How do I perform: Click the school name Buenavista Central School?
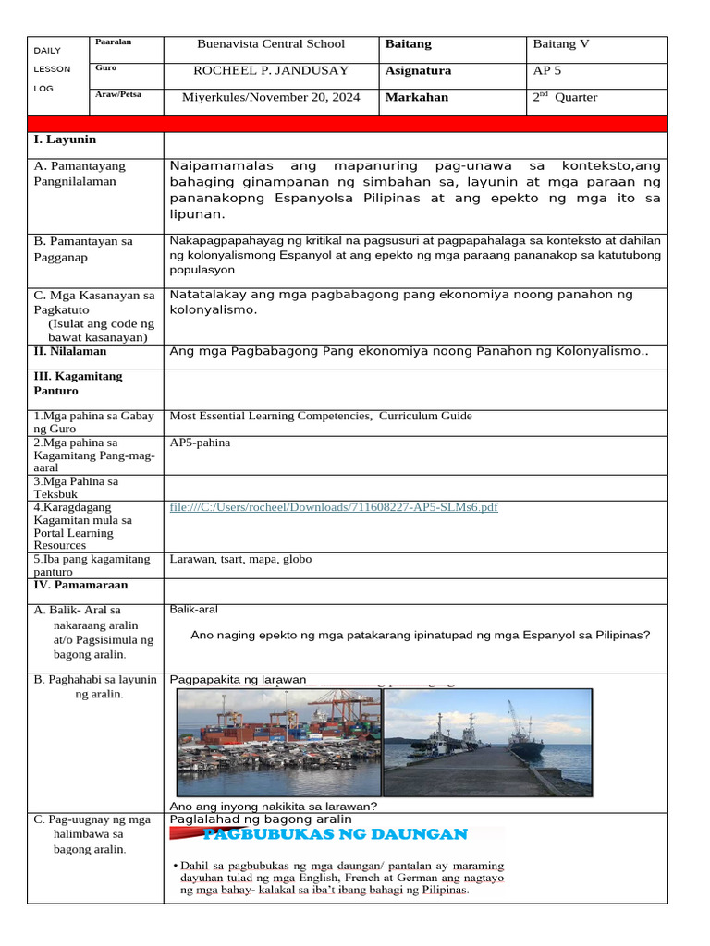tap(271, 44)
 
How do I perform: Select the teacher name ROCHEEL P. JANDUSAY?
tap(271, 71)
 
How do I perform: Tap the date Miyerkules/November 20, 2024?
tap(271, 97)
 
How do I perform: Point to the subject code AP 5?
tap(546, 71)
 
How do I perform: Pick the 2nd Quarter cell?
tap(565, 97)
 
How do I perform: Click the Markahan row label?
tap(416, 97)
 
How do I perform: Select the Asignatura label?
tap(418, 71)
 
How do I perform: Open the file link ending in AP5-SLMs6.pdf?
tap(334, 507)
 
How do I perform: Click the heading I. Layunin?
tap(65, 139)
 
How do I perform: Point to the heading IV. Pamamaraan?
tap(80, 585)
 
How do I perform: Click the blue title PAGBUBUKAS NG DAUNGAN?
tap(335, 834)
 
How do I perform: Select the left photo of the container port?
tap(278, 743)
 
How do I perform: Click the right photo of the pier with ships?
tap(487, 743)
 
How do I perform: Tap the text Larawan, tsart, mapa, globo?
tap(240, 559)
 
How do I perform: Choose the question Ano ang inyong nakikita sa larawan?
tap(274, 806)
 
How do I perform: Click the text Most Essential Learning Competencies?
tap(270, 416)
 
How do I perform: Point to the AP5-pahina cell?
tap(201, 443)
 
